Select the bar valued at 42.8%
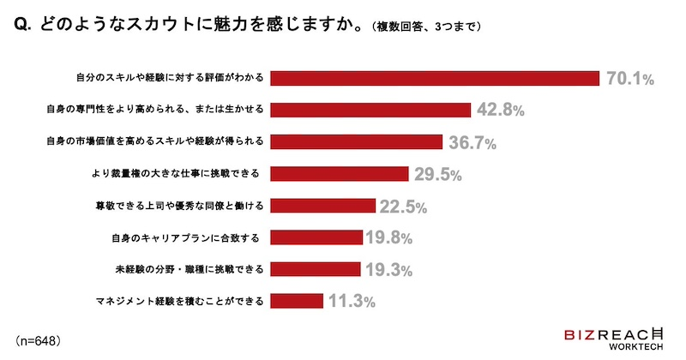tap(371, 110)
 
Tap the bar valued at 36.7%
tap(357, 141)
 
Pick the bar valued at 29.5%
tap(340, 173)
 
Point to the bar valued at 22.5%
tap(323, 206)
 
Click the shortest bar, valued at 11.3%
tap(297, 301)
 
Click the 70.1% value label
tap(631, 79)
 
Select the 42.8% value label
tap(500, 111)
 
